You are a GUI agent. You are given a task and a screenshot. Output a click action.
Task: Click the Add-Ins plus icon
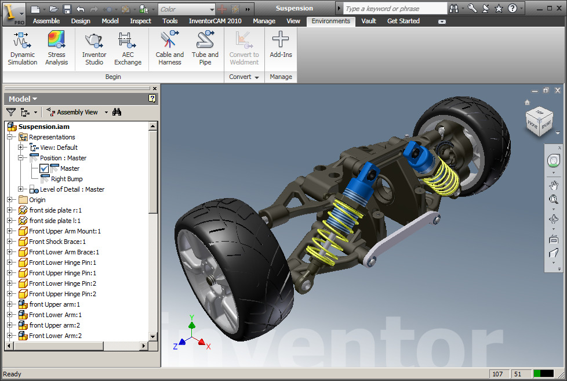(281, 40)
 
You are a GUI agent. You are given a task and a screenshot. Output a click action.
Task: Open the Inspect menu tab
(140, 21)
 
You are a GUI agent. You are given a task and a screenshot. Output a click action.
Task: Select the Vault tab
(369, 21)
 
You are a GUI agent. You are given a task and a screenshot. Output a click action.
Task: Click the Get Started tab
(404, 21)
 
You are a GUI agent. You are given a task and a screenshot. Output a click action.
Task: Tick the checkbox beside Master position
(45, 168)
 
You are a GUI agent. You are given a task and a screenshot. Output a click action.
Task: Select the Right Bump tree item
(67, 179)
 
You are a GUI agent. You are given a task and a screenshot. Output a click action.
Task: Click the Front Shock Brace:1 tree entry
(57, 242)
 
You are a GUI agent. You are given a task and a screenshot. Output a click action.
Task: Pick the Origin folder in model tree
(37, 200)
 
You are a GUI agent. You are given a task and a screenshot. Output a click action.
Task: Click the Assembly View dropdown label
(77, 112)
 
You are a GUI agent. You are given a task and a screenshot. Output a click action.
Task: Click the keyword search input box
(395, 9)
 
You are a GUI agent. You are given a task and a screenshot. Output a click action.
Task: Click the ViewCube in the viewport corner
(539, 121)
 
